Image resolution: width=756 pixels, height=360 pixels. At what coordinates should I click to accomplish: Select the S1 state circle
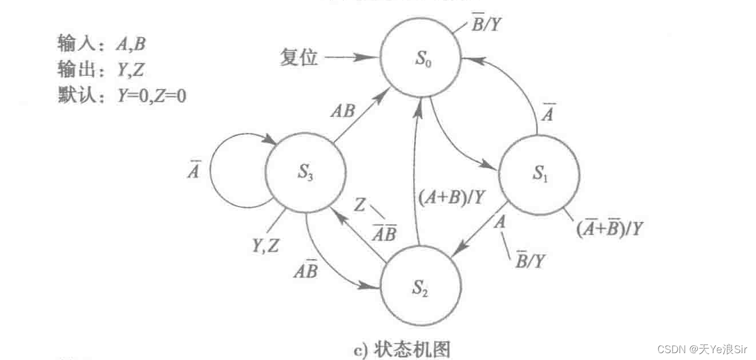539,174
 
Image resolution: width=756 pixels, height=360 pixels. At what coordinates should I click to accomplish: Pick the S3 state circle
306,173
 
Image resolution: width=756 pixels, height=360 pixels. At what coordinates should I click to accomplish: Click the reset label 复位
298,57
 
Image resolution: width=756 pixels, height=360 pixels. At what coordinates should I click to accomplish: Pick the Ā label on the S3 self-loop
194,171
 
